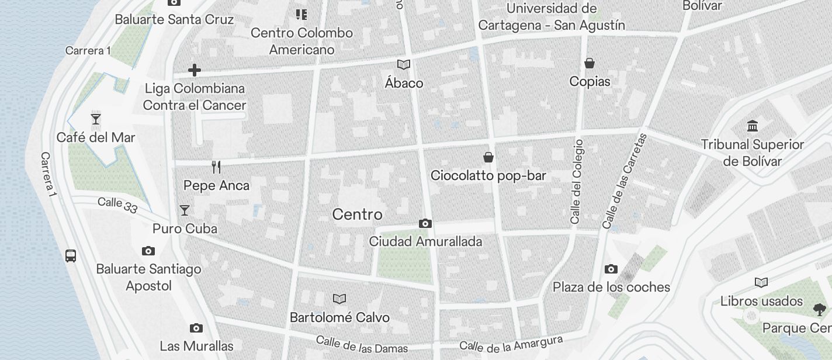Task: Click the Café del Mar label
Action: [96, 137]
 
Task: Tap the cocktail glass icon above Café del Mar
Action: [96, 119]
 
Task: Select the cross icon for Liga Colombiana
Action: [195, 71]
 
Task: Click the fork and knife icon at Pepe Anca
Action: [216, 167]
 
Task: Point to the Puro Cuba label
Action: [185, 229]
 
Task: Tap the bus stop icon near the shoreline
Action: [71, 255]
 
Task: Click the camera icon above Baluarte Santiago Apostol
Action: [148, 251]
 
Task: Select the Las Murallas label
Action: [196, 345]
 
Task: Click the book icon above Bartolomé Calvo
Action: [339, 299]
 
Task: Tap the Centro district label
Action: [357, 214]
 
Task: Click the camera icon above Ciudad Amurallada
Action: [425, 223]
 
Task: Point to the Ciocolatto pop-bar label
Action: [488, 175]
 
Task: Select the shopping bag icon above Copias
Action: [590, 63]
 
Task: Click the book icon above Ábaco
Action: [404, 65]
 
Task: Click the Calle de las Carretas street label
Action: [625, 181]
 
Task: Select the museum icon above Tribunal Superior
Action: [753, 126]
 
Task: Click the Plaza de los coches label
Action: [611, 287]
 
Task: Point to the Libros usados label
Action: [761, 301]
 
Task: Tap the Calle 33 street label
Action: [117, 205]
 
